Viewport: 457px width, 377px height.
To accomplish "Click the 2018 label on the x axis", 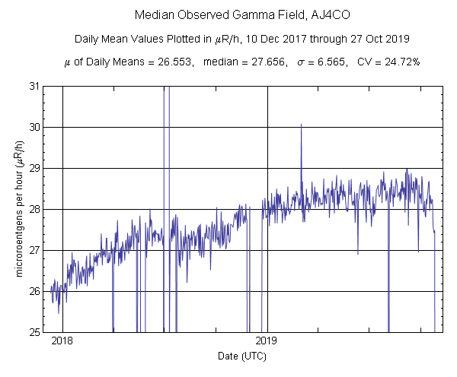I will (62, 341).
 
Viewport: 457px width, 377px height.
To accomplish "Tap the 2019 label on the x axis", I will (267, 341).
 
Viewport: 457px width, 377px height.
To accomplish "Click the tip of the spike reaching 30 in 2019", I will (301, 124).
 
